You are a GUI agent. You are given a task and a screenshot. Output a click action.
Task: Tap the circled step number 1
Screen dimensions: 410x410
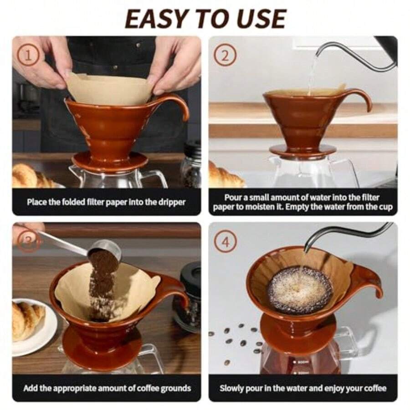pyautogui.click(x=29, y=56)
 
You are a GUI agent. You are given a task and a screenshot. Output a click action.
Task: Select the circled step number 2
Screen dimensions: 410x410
pyautogui.click(x=226, y=56)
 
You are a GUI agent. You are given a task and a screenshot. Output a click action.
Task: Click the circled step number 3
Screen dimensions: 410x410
pyautogui.click(x=28, y=242)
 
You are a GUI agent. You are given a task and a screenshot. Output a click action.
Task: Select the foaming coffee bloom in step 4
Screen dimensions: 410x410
pyautogui.click(x=300, y=290)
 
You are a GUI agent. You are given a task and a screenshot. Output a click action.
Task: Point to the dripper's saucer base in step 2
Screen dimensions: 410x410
pyautogui.click(x=296, y=150)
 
